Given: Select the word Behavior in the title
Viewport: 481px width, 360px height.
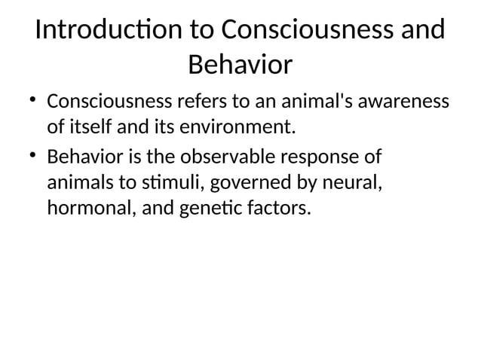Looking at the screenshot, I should tap(240, 66).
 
